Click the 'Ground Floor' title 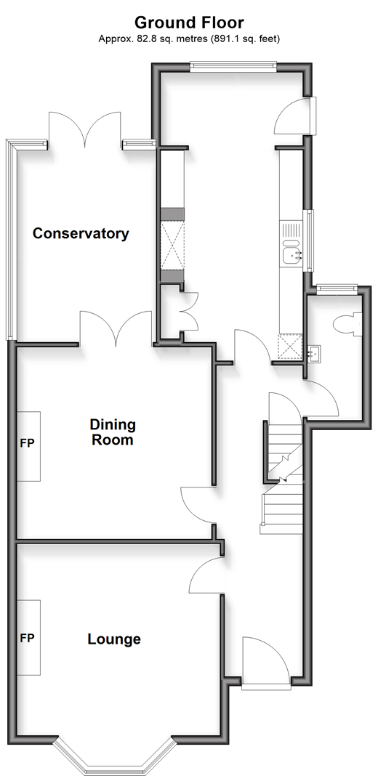[x=189, y=23]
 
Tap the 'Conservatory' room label [x=81, y=233]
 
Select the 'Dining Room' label [x=112, y=432]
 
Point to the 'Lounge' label [x=114, y=639]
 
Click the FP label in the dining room [x=28, y=442]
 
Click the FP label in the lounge [x=28, y=638]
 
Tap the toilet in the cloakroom [x=349, y=325]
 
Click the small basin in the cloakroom [x=314, y=353]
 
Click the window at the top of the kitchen [x=233, y=64]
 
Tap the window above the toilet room [x=338, y=287]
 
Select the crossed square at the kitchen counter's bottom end [x=290, y=347]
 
